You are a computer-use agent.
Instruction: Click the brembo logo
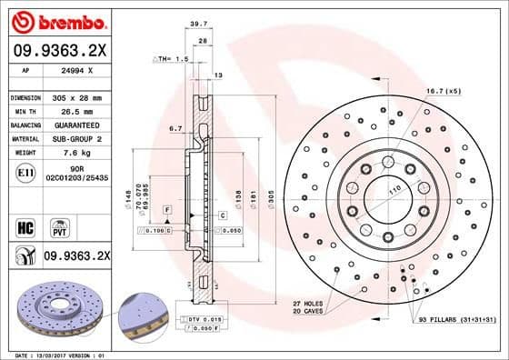point(57,20)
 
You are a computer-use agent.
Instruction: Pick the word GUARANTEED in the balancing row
point(78,125)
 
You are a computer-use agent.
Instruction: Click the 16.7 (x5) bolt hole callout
point(444,92)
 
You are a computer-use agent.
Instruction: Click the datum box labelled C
point(222,215)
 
